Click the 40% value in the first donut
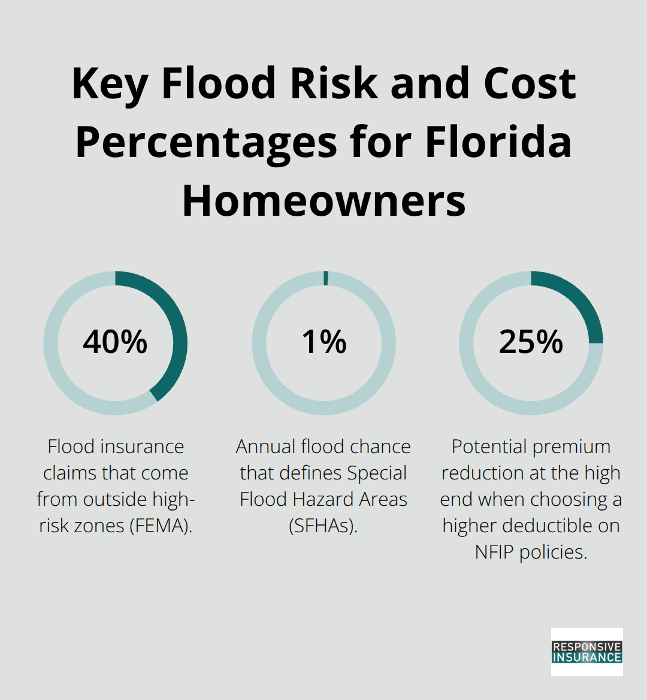coord(115,342)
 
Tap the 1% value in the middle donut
coord(323,342)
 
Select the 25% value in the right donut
coord(531,342)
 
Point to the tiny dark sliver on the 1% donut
coord(326,279)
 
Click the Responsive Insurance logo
coord(586,652)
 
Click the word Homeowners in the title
coord(323,201)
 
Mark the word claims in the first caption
coord(71,473)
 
